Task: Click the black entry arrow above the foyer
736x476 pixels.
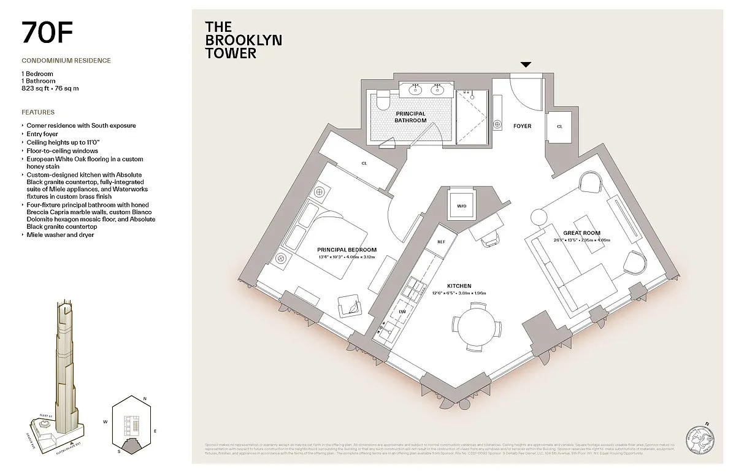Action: [526, 64]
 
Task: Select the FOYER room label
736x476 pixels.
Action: [522, 126]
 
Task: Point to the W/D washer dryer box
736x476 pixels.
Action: [461, 206]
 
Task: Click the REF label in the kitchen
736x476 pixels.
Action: [440, 242]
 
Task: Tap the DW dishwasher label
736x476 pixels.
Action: [402, 311]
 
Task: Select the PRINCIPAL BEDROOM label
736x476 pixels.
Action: [347, 250]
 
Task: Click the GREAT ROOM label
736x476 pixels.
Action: [582, 233]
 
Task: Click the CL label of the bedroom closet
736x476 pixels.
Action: [364, 164]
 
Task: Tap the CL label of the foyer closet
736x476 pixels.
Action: [559, 126]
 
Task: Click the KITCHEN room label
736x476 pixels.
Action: [459, 286]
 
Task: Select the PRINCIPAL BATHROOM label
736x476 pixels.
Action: [410, 117]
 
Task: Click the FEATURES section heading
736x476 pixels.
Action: [38, 112]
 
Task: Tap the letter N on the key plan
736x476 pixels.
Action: [145, 399]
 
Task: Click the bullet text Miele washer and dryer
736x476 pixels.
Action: [60, 235]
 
